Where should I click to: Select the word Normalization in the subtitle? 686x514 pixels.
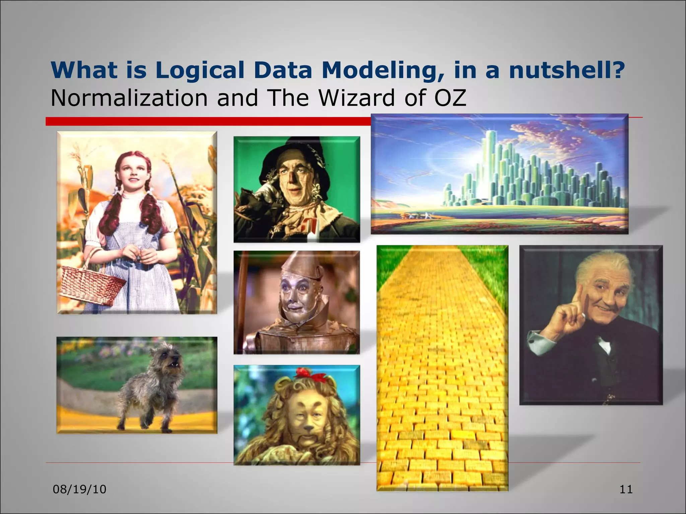129,98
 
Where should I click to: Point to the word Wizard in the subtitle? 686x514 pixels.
357,98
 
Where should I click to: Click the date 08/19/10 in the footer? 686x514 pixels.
80,489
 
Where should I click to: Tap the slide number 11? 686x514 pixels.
626,489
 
